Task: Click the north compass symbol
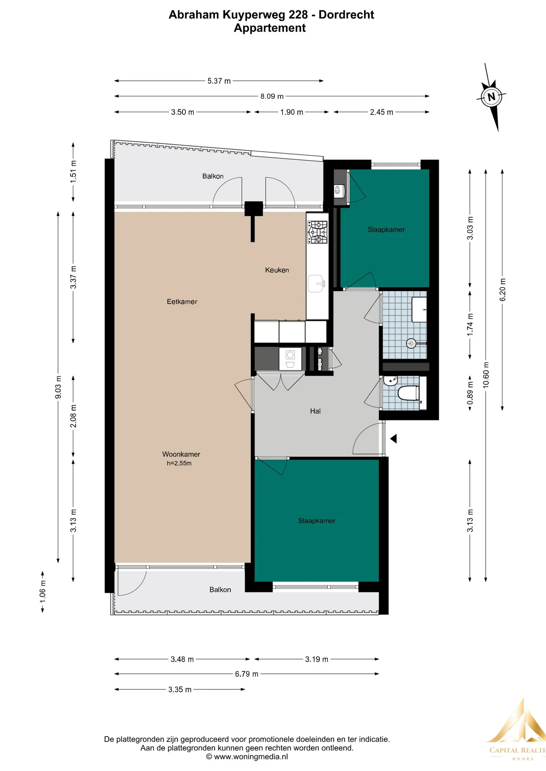point(491,97)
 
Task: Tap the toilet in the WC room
point(408,393)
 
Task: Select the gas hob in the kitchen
point(318,232)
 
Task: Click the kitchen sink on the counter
point(316,284)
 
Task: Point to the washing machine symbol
point(290,359)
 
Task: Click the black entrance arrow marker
point(393,439)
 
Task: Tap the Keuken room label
point(277,270)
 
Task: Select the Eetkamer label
point(182,302)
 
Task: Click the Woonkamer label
point(181,454)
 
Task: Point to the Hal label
point(315,411)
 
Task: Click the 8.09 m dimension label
point(272,96)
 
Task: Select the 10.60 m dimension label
point(486,375)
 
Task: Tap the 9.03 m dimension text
point(58,387)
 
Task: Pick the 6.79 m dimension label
point(247,674)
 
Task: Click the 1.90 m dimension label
point(292,112)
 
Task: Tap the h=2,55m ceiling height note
point(179,463)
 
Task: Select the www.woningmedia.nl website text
point(251,757)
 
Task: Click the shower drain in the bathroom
point(411,343)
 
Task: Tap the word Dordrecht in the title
point(346,15)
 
